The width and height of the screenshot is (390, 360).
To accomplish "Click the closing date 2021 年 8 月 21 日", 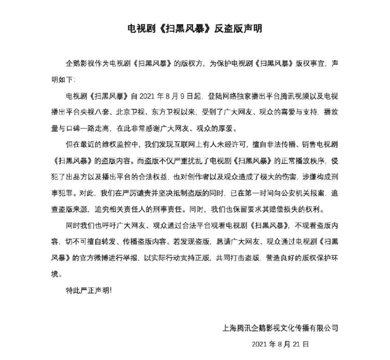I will pos(280,344).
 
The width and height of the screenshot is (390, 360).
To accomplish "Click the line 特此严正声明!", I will pos(88,290).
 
